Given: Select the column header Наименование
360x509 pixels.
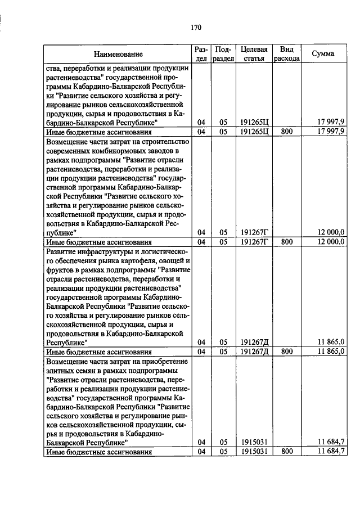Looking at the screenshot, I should pyautogui.click(x=118, y=54).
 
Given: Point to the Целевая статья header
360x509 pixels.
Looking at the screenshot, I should pyautogui.click(x=253, y=54).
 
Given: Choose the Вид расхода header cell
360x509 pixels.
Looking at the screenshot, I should pyautogui.click(x=287, y=54).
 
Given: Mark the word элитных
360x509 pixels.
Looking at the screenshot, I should pyautogui.click(x=61, y=371).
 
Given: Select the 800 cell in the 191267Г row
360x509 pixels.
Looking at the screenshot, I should pyautogui.click(x=287, y=242).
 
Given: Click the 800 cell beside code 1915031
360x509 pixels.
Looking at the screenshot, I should pyautogui.click(x=287, y=452).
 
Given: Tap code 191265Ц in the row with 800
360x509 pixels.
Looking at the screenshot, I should pyautogui.click(x=253, y=132).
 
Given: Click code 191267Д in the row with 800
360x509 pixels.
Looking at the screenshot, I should pyautogui.click(x=253, y=352).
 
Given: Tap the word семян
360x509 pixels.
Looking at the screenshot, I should pyautogui.click(x=85, y=371).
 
